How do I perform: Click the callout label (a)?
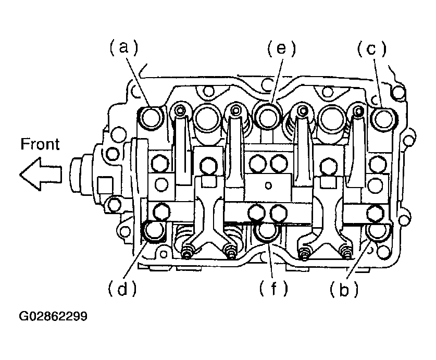click(124, 47)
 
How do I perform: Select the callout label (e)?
click(281, 48)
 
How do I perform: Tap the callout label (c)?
click(372, 49)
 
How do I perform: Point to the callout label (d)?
click(122, 289)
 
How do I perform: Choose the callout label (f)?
click(274, 289)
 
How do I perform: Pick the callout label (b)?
click(344, 289)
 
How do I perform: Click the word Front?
click(40, 144)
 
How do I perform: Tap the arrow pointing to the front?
click(41, 174)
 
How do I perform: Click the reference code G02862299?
click(53, 316)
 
